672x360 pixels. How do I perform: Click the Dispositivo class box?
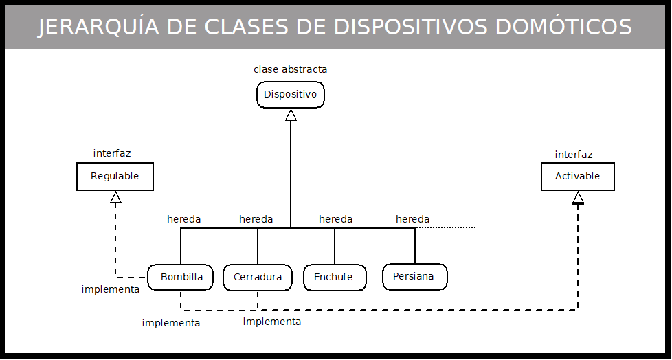tap(291, 95)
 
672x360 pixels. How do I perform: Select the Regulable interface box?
tap(115, 177)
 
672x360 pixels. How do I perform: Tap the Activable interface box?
tap(578, 177)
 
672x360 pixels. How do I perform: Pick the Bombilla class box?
tap(181, 278)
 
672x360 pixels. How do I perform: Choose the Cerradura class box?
tap(258, 278)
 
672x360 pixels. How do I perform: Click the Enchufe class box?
tap(333, 278)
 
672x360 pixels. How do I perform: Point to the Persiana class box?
tap(414, 277)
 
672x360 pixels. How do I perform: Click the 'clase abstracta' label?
tap(291, 69)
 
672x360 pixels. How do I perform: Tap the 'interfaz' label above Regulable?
tap(112, 153)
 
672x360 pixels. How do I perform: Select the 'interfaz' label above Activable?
tap(574, 155)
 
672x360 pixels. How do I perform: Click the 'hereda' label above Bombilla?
tap(184, 219)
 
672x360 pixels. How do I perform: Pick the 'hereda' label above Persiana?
tap(413, 219)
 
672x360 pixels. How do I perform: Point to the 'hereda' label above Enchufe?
tap(336, 219)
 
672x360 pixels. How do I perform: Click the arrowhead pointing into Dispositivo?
tap(291, 115)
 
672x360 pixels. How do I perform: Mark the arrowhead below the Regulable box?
tap(116, 198)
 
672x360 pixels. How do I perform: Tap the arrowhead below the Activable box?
tap(578, 198)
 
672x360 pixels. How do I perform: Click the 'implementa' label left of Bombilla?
tap(111, 289)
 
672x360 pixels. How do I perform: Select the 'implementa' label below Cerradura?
tap(272, 322)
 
